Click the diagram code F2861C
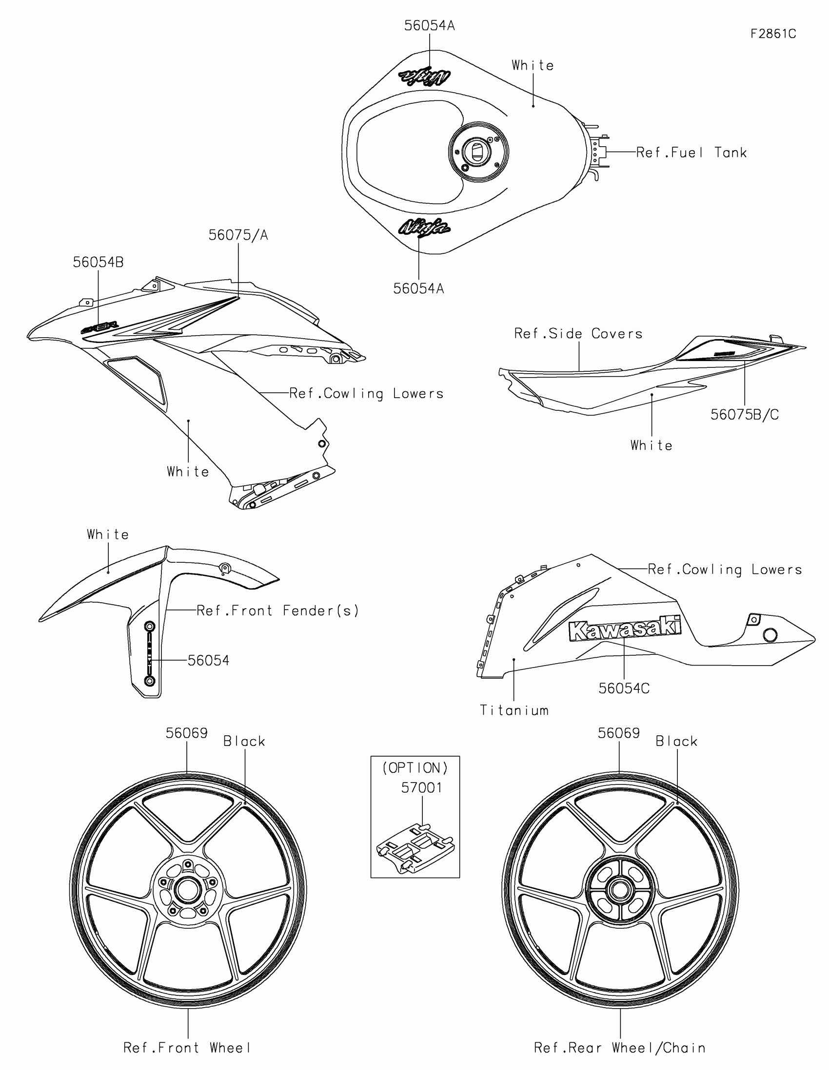pyautogui.click(x=773, y=34)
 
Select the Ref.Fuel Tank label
pyautogui.click(x=691, y=153)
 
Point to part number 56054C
pyautogui.click(x=624, y=688)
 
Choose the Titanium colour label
pyautogui.click(x=514, y=710)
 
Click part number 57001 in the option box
pyautogui.click(x=421, y=787)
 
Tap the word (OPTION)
pyautogui.click(x=415, y=768)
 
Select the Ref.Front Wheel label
pyautogui.click(x=187, y=1048)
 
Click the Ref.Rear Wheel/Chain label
pyautogui.click(x=620, y=1048)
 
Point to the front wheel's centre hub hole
pyautogui.click(x=187, y=889)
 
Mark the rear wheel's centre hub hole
pyautogui.click(x=620, y=889)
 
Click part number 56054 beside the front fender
pyautogui.click(x=208, y=660)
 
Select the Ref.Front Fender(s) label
pyautogui.click(x=278, y=611)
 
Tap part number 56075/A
pyautogui.click(x=238, y=235)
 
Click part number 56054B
pyautogui.click(x=98, y=262)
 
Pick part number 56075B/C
pyautogui.click(x=744, y=415)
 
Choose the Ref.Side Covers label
pyautogui.click(x=578, y=334)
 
